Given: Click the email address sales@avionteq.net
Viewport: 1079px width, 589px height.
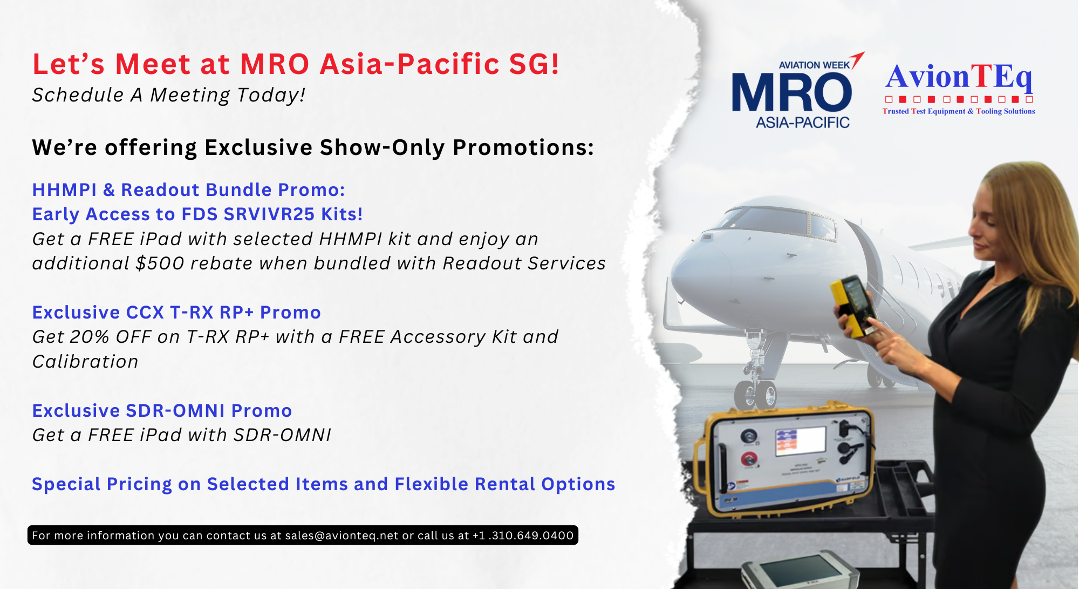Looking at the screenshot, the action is coord(342,536).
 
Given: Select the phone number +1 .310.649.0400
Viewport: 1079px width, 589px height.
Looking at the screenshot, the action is coord(523,536).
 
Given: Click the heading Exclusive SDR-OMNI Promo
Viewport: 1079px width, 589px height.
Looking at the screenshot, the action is coord(162,411).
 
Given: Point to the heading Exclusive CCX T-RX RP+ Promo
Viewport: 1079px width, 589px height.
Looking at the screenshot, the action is coord(176,313).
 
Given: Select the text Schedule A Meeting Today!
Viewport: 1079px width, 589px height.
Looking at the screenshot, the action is coord(169,96).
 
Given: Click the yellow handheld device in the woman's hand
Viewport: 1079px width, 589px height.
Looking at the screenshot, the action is coord(853,306).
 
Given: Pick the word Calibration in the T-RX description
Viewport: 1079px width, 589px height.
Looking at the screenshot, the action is coord(85,362).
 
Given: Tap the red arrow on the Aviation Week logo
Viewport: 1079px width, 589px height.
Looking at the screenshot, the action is coord(857,59).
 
